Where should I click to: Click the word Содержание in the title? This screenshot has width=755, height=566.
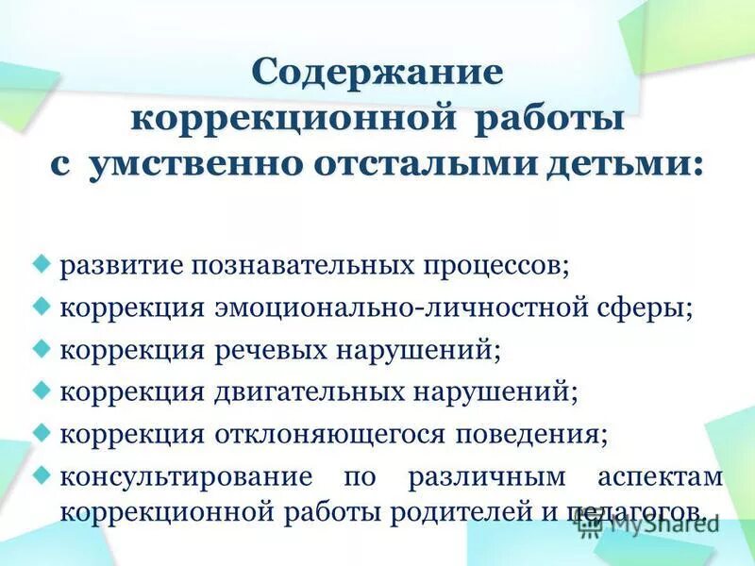[377, 74]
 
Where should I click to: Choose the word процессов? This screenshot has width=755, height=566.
[499, 265]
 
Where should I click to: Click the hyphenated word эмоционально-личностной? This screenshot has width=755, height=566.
[380, 308]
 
